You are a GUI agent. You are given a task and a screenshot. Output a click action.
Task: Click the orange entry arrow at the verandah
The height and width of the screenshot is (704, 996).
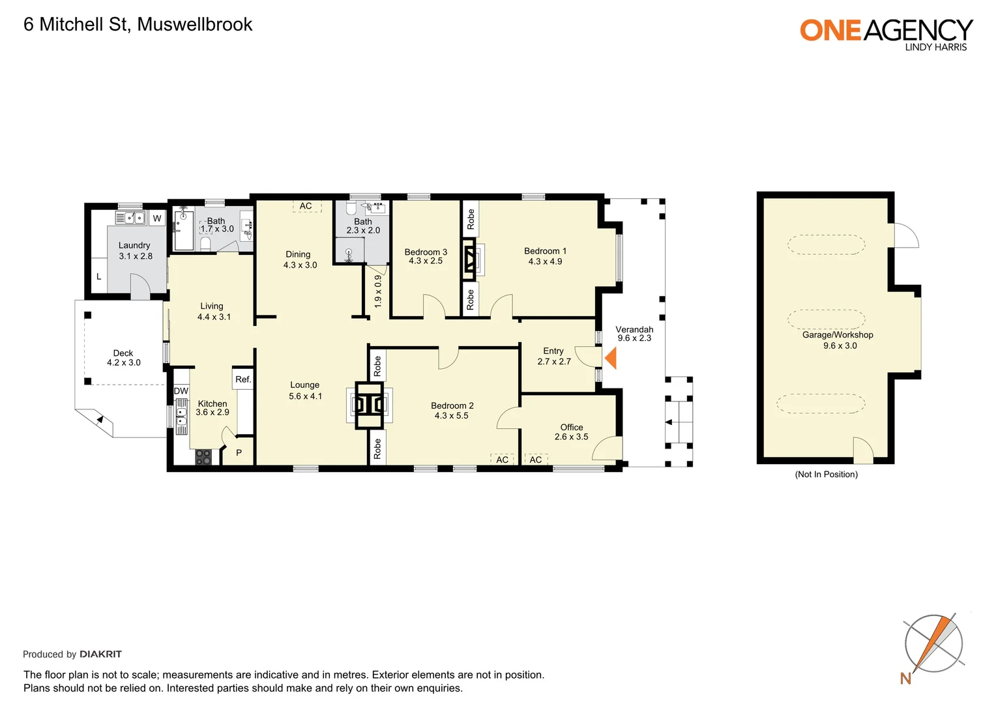pos(611,358)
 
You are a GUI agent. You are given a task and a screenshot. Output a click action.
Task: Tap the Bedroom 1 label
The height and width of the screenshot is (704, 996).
pos(545,251)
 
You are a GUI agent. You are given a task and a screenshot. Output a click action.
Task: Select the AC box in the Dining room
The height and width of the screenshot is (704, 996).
pos(306,206)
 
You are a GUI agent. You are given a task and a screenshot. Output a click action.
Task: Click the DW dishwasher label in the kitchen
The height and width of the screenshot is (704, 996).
pos(181,391)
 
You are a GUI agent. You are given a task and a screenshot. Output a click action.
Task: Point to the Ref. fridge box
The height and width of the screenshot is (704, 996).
pos(243,379)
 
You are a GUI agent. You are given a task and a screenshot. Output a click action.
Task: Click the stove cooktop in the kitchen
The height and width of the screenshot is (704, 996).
pos(203,458)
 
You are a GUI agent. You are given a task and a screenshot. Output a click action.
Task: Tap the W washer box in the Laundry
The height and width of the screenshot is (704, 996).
pos(157,218)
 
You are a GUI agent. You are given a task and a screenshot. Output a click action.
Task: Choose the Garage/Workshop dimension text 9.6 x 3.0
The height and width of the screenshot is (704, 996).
pos(840,345)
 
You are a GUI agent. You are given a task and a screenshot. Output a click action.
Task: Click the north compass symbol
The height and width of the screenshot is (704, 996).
pos(933,645)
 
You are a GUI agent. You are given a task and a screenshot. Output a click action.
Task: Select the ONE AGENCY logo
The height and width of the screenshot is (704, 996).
pos(886,33)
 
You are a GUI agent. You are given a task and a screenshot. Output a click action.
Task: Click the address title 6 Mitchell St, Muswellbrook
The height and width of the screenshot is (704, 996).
pos(138,25)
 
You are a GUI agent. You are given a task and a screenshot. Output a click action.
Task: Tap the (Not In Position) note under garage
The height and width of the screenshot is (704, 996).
pos(826,474)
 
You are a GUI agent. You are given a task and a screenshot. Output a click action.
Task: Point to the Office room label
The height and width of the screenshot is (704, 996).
pos(572,427)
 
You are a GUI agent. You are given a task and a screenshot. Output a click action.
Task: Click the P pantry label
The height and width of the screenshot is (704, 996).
pos(239,452)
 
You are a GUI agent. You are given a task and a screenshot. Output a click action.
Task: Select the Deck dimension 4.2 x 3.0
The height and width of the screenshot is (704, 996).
pos(123,362)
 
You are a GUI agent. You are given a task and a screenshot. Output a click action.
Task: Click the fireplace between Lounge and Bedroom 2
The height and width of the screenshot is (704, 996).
pos(370,405)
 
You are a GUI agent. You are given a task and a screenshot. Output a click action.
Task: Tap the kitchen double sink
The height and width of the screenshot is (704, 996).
pos(181,417)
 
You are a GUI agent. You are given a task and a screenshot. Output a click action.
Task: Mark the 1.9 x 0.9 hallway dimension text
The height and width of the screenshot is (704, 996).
pos(378,291)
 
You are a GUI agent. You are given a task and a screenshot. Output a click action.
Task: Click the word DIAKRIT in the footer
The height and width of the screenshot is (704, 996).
pos(100,654)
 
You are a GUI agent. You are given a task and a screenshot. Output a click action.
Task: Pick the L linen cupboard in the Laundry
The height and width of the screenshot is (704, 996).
pos(99,276)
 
